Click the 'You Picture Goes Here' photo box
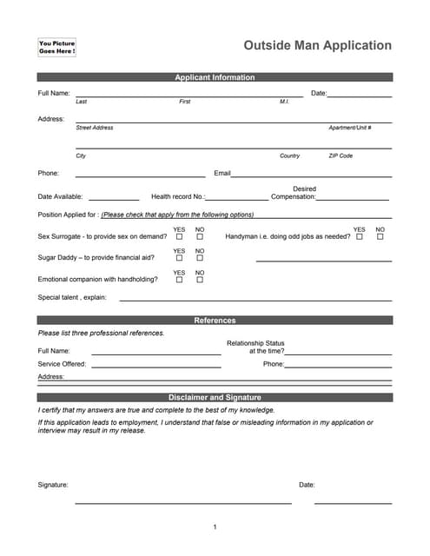click(x=57, y=48)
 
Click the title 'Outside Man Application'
click(x=317, y=46)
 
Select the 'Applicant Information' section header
click(x=215, y=77)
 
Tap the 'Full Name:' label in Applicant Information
click(x=54, y=93)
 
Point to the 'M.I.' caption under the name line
click(x=284, y=102)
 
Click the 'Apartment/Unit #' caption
click(x=349, y=128)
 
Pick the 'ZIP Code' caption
click(x=341, y=156)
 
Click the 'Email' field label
click(x=222, y=173)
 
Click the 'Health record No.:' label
click(x=177, y=196)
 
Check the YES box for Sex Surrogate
click(x=179, y=236)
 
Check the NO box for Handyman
click(x=380, y=236)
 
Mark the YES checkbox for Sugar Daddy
click(x=179, y=258)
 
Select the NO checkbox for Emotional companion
click(x=200, y=280)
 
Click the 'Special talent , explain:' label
click(x=72, y=297)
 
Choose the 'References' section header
click(x=215, y=321)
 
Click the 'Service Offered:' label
click(x=62, y=364)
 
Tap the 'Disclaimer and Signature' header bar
click(x=215, y=397)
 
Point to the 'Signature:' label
click(x=53, y=485)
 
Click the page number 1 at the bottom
click(x=215, y=527)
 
